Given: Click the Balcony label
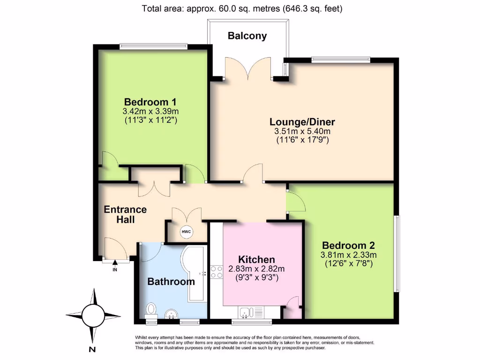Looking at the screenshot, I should (247, 36).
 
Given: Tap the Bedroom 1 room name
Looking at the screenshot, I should (150, 102).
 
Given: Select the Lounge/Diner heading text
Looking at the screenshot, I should (302, 122).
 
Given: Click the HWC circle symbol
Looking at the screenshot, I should (186, 232).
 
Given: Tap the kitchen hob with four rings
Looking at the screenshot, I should (217, 272).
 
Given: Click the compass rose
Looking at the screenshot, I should (92, 314).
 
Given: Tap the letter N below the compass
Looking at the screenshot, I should (92, 349).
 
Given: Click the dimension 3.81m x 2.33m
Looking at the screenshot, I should (348, 255).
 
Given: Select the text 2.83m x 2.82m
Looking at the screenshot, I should (256, 269).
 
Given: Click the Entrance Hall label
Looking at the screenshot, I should (125, 214).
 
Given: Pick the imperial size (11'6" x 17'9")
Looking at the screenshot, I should (302, 140).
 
